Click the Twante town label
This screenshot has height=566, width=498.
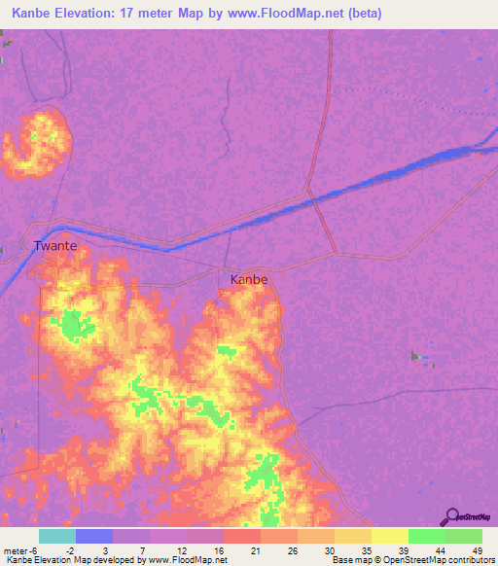[54, 246]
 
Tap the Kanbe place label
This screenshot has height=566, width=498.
[249, 279]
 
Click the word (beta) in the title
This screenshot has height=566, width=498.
[362, 14]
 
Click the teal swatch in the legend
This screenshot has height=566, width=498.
[57, 536]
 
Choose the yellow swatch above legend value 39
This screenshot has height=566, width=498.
[389, 536]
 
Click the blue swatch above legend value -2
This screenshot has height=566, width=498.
[94, 536]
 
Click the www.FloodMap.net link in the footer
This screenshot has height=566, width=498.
[187, 560]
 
